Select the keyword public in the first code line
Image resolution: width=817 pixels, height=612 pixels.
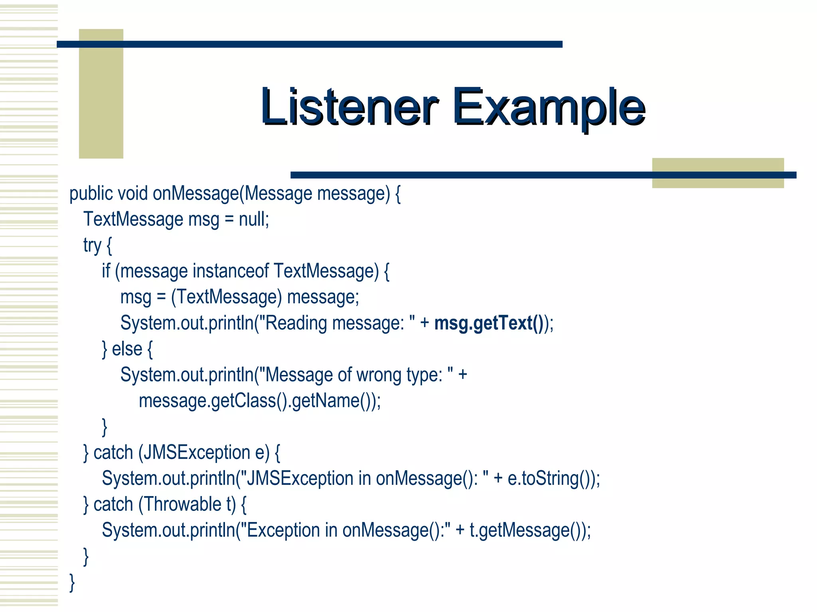[91, 194]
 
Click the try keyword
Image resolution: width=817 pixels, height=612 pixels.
[92, 245]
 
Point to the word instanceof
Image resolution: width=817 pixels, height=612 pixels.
[231, 271]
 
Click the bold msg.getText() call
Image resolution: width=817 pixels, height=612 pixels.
[489, 323]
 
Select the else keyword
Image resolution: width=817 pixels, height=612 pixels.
[127, 349]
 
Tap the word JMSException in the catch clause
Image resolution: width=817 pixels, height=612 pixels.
[197, 453]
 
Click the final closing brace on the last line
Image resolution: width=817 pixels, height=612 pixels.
[72, 582]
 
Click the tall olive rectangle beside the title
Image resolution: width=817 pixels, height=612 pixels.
[101, 94]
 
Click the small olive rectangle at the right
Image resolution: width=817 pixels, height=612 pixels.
[717, 173]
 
